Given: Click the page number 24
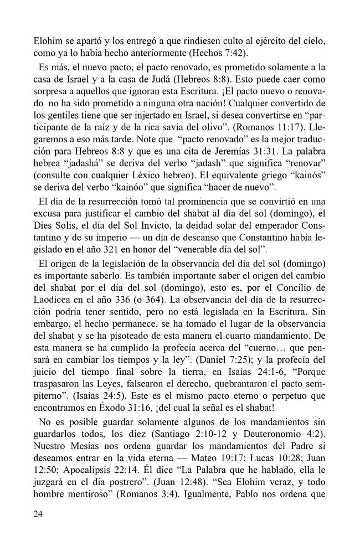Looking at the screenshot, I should pyautogui.click(x=38, y=514).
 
